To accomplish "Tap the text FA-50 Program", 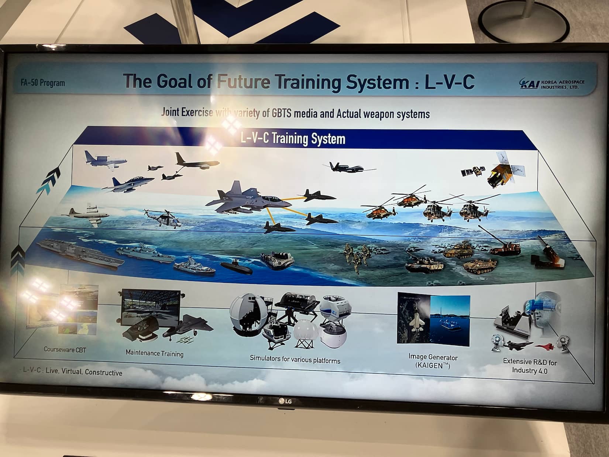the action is [43, 83].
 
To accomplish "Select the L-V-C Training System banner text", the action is [293, 138].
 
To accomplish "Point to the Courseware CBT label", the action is [65, 350].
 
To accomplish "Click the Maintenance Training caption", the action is [155, 353].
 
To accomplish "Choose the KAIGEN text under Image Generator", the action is [433, 365].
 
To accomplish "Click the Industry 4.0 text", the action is [530, 370].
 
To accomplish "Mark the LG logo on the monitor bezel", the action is [285, 401].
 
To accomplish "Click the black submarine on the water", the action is [236, 267].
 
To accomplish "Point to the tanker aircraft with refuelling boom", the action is [197, 161].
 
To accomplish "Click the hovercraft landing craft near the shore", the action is [277, 260].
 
